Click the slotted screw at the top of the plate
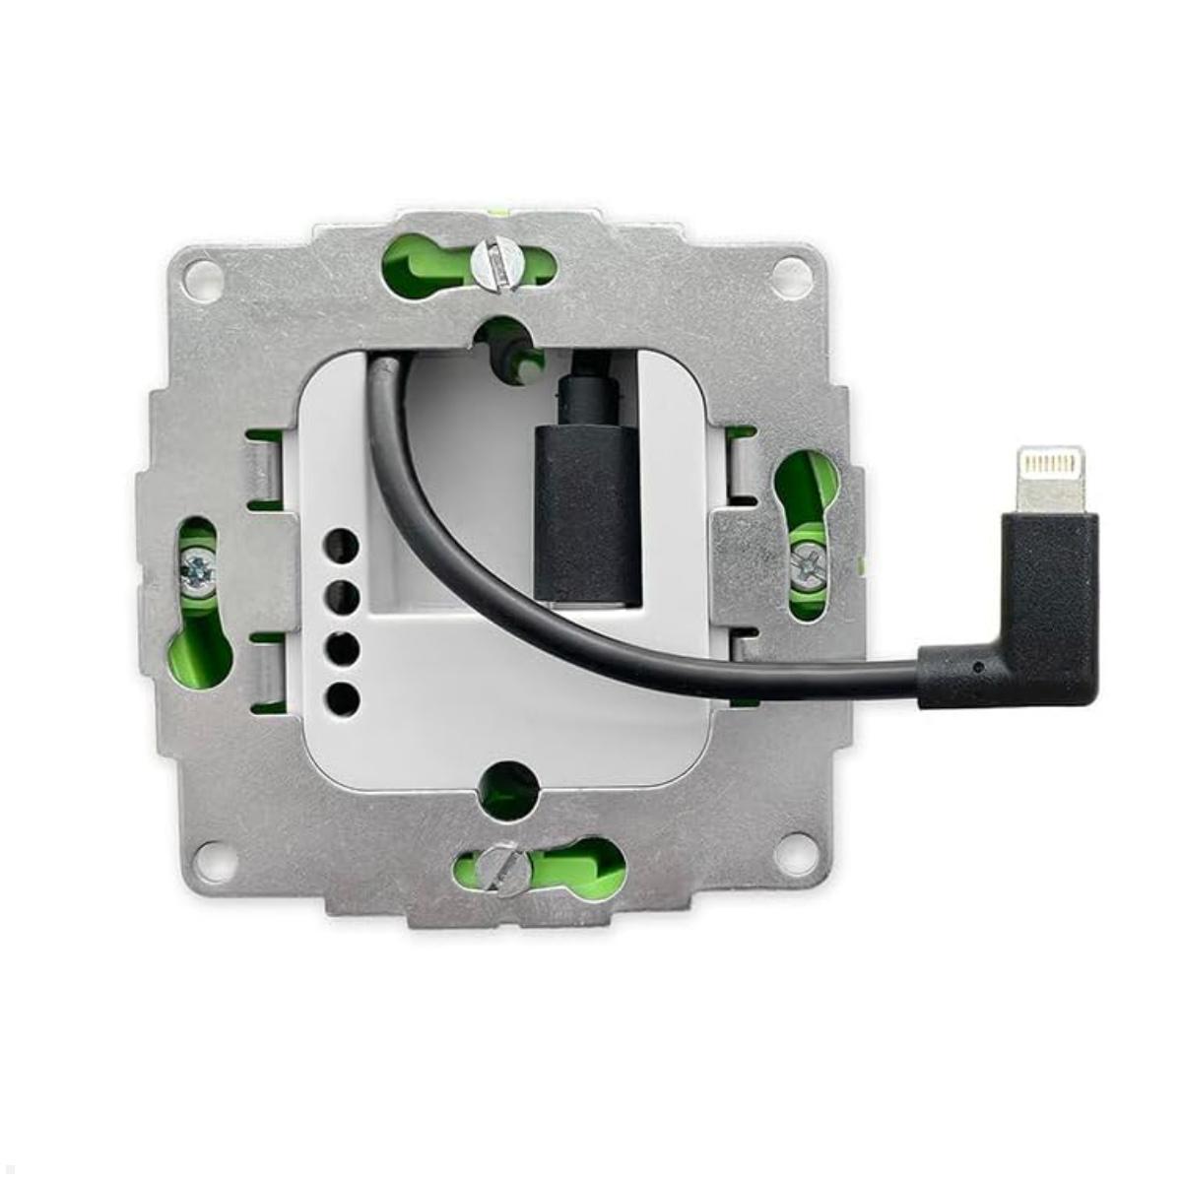click(x=494, y=263)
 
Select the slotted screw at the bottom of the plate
click(x=505, y=869)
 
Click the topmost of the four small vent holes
click(x=342, y=545)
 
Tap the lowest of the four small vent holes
click(x=342, y=699)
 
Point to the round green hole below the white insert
click(x=510, y=788)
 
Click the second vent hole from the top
click(x=342, y=596)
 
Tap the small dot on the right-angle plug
click(x=976, y=667)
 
